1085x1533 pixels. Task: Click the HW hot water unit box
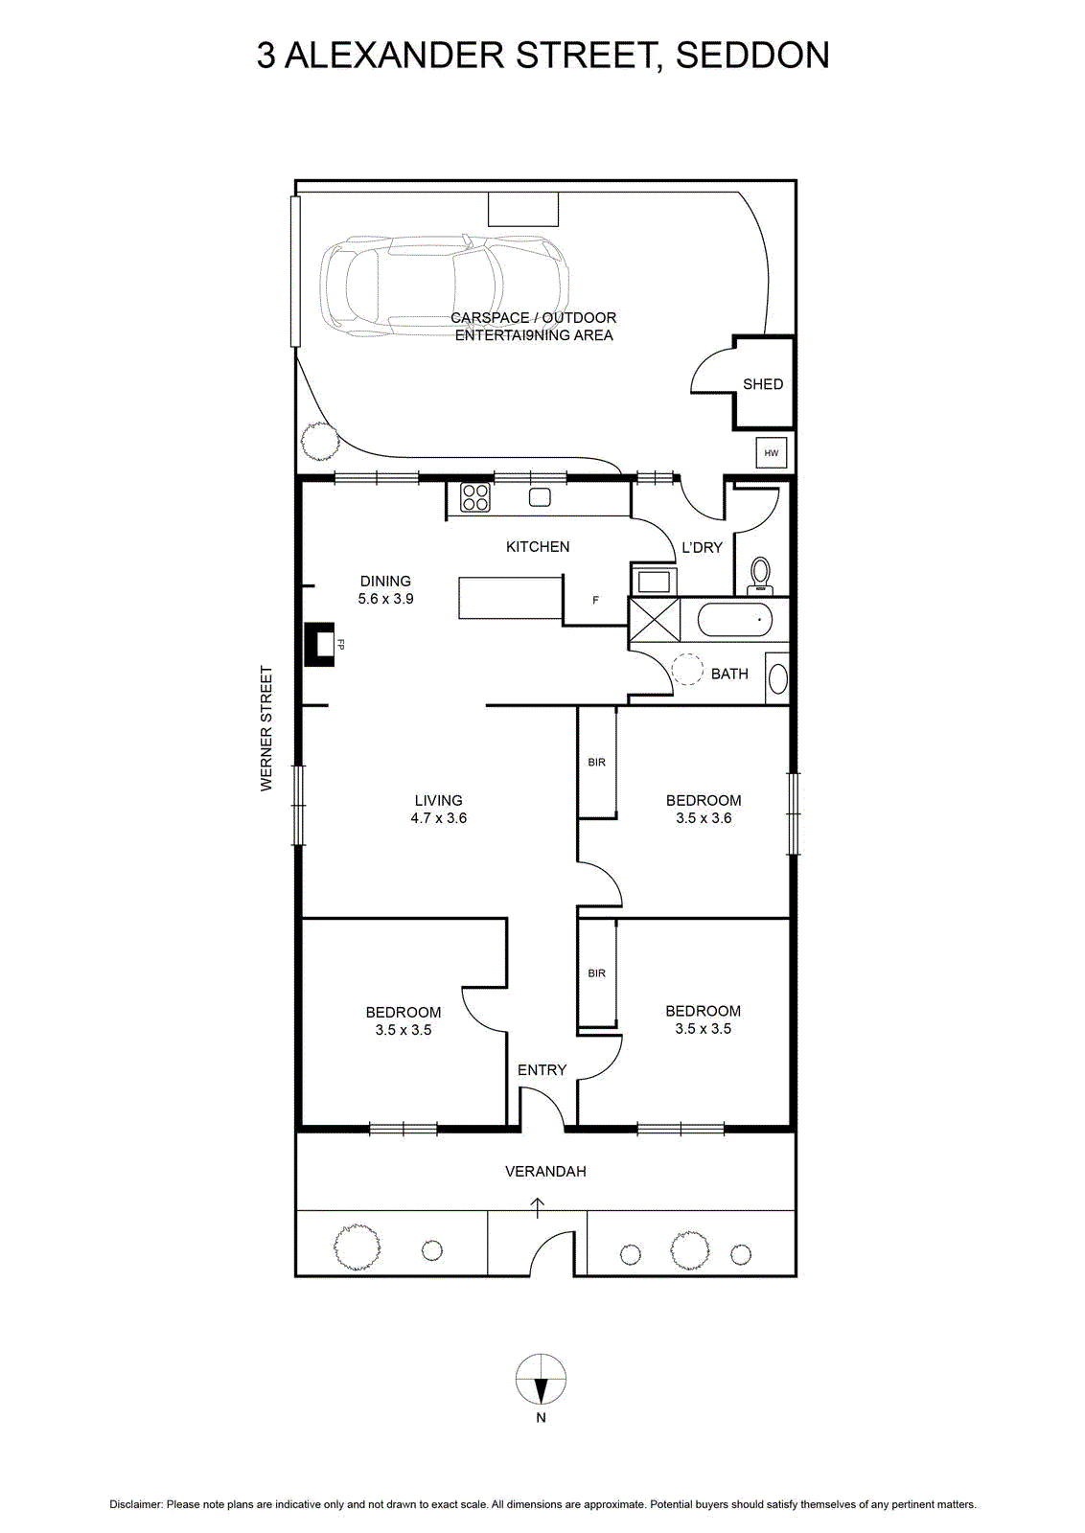pyautogui.click(x=771, y=453)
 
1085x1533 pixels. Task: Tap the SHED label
pyautogui.click(x=763, y=384)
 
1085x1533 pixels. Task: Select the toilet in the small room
pyautogui.click(x=760, y=576)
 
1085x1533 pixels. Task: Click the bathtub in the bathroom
pyautogui.click(x=734, y=619)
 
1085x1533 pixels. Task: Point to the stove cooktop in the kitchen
pyautogui.click(x=475, y=497)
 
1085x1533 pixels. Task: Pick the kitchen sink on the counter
pyautogui.click(x=541, y=497)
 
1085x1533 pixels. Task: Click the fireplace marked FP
pyautogui.click(x=320, y=643)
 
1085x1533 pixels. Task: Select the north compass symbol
pyautogui.click(x=541, y=1379)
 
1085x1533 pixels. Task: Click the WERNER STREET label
pyautogui.click(x=266, y=728)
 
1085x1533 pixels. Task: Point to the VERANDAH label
pyautogui.click(x=545, y=1172)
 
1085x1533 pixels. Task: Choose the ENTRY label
pyautogui.click(x=542, y=1069)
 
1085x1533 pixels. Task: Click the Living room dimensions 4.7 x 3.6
pyautogui.click(x=438, y=818)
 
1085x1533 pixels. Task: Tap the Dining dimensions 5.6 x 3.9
pyautogui.click(x=385, y=599)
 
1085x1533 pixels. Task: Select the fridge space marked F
pyautogui.click(x=595, y=600)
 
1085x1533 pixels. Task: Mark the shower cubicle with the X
pyautogui.click(x=655, y=619)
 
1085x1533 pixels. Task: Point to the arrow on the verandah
pyautogui.click(x=538, y=1208)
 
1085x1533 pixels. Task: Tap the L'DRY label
pyautogui.click(x=702, y=547)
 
